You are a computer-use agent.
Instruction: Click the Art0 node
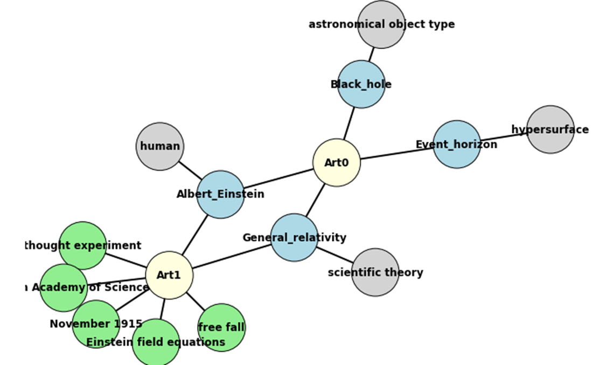point(337,163)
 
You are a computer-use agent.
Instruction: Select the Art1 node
point(169,275)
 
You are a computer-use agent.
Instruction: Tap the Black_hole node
point(361,84)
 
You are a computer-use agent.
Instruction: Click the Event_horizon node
point(457,144)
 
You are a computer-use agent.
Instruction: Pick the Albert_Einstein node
point(220,195)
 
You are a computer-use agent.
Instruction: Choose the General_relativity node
point(294,237)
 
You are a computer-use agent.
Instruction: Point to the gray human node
point(160,147)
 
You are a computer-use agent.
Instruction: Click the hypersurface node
point(550,129)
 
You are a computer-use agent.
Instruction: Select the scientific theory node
point(375,272)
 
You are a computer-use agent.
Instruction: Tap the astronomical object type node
point(381,24)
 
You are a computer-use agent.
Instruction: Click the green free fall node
point(221,327)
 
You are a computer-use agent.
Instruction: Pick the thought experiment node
point(82,245)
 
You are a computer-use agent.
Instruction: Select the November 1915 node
point(96,324)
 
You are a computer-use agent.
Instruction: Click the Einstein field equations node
point(156,342)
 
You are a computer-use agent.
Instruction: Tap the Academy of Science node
point(64,288)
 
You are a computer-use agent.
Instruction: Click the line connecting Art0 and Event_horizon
point(396,154)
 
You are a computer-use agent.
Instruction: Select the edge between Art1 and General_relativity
point(232,256)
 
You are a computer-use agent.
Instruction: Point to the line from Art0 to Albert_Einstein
point(278,178)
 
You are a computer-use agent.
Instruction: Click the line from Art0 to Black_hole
point(349,123)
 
